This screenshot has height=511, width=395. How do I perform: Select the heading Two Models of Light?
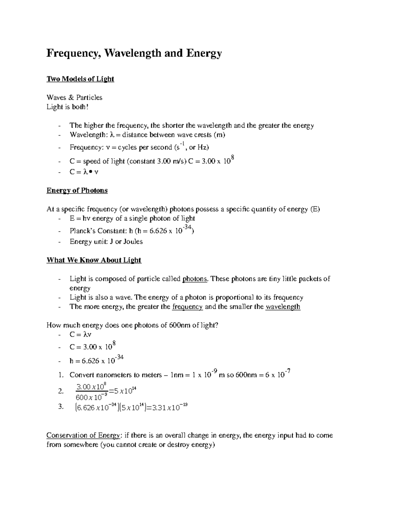[x=80, y=79]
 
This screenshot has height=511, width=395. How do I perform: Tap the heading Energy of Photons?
[x=77, y=191]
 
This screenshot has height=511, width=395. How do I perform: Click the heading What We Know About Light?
[x=94, y=260]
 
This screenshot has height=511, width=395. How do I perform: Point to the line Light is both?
[x=67, y=107]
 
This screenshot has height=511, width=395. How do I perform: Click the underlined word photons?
[x=195, y=279]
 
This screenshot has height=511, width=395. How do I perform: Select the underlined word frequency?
[x=187, y=307]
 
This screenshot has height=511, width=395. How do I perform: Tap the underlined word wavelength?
[x=283, y=307]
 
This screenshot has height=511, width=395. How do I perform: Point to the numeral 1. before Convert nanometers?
[x=60, y=375]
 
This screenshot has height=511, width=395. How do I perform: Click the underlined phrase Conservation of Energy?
[x=83, y=435]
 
